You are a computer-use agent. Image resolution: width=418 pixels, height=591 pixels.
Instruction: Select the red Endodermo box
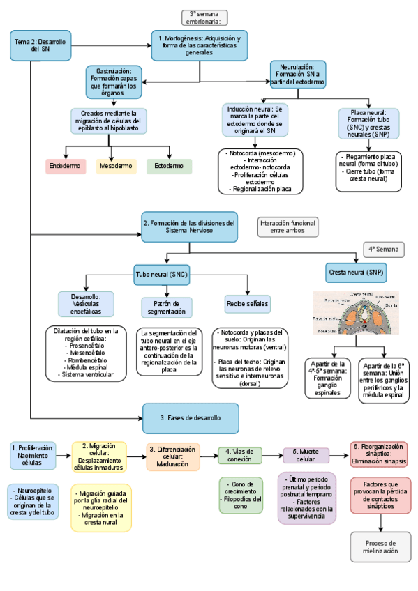(x=65, y=167)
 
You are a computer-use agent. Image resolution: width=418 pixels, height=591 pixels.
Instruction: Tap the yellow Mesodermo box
(x=117, y=167)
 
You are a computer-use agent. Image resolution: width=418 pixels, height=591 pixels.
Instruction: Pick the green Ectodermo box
(x=169, y=167)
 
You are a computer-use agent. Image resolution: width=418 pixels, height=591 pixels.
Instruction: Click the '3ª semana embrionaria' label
(x=204, y=17)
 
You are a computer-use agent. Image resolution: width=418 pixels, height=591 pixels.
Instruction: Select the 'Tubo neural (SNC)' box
(x=161, y=273)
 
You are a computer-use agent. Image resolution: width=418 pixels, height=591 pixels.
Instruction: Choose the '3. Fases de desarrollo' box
(x=190, y=417)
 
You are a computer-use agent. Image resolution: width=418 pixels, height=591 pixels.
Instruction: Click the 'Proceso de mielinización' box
(x=380, y=547)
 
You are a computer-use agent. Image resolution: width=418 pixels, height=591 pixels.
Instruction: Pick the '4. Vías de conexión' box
(x=240, y=455)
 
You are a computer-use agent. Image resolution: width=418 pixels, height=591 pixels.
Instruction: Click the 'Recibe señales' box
(x=247, y=304)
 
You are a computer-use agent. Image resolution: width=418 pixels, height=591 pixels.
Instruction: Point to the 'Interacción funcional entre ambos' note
(x=288, y=227)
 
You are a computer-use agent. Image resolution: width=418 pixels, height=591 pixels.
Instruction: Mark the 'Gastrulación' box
(x=114, y=82)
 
